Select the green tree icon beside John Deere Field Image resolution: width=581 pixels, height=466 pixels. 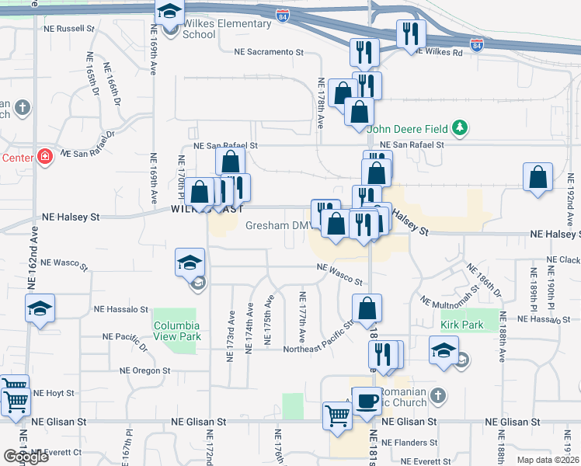click(x=461, y=127)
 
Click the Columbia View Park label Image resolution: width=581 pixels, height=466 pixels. click(x=176, y=331)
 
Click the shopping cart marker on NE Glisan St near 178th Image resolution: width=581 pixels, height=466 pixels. click(x=337, y=414)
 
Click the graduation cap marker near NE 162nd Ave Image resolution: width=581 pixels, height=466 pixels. click(x=40, y=308)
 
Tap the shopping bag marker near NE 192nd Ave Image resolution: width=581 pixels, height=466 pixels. click(x=538, y=177)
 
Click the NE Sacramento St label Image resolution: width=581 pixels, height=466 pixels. click(x=269, y=52)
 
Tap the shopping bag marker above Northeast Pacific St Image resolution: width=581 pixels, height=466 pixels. click(x=367, y=308)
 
